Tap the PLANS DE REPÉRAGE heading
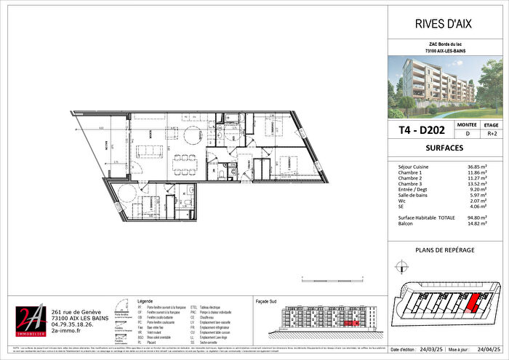point(444,249)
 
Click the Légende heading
point(146,300)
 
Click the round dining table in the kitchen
point(193,136)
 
